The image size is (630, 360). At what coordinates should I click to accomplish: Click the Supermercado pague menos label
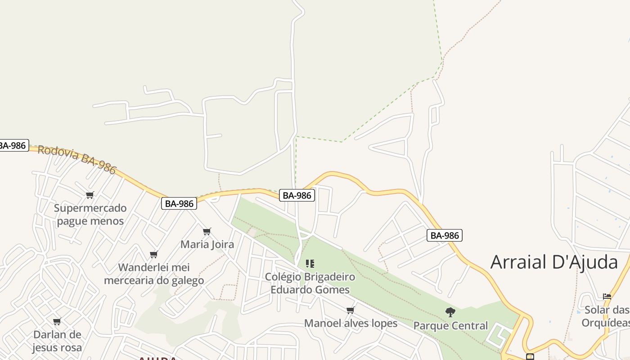[x=90, y=215]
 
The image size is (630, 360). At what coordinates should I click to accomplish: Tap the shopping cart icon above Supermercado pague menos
[x=90, y=195]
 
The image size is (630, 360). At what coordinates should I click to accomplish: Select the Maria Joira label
[x=207, y=244]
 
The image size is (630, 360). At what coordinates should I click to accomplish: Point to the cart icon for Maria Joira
[x=207, y=232]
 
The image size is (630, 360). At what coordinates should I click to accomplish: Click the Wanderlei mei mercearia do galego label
[x=154, y=274]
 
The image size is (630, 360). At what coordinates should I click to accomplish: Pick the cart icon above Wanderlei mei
[x=154, y=255]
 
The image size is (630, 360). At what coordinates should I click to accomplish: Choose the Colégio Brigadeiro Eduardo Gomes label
[x=310, y=283]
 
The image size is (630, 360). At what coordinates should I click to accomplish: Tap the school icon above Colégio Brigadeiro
[x=310, y=264]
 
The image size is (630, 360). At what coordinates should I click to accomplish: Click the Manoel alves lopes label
[x=351, y=323]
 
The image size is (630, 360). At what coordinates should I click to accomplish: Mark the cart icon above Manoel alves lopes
[x=351, y=310]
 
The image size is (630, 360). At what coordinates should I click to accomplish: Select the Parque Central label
[x=450, y=325]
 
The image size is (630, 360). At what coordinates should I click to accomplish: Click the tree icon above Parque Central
[x=450, y=312]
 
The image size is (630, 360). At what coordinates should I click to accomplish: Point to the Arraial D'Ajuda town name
[x=554, y=262]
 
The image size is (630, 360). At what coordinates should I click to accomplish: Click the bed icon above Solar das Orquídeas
[x=607, y=297]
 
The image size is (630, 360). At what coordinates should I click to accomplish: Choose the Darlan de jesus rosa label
[x=57, y=341]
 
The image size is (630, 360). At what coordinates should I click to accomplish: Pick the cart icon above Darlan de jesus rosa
[x=57, y=322]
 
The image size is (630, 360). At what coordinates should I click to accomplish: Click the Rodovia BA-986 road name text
[x=77, y=160]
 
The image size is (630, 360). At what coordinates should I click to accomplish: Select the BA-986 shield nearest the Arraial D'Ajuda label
[x=444, y=235]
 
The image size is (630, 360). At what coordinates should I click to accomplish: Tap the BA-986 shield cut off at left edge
[x=13, y=145]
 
